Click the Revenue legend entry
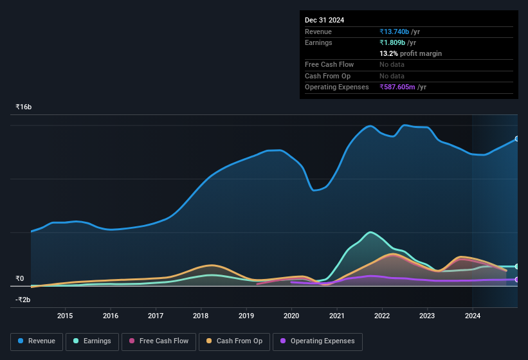click(37, 341)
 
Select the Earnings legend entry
click(92, 341)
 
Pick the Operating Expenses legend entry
click(317, 341)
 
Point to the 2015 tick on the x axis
click(65, 316)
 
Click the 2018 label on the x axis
click(201, 316)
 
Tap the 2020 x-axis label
click(291, 316)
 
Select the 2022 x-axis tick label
click(382, 316)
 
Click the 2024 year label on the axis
click(473, 316)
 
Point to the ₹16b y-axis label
click(24, 107)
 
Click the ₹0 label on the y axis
click(19, 279)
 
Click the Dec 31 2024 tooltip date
click(324, 20)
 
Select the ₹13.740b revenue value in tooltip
click(399, 32)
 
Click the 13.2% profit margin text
click(410, 53)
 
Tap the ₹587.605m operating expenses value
click(403, 87)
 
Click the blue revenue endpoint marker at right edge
click(517, 139)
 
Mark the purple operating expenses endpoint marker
click(517, 280)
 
